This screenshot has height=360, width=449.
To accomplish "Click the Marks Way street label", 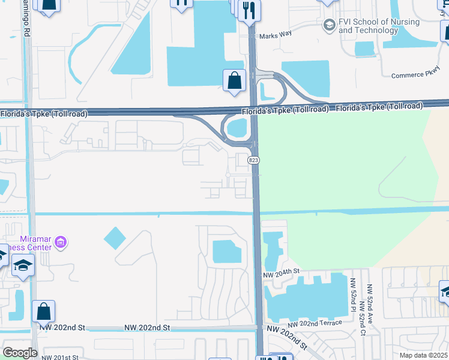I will coord(276,34).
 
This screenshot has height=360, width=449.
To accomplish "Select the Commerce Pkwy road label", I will coord(411,76).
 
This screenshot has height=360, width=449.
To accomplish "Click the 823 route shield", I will coord(253,160).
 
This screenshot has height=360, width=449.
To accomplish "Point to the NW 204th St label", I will coord(281,272).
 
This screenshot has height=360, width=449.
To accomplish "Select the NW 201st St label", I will coord(60,357).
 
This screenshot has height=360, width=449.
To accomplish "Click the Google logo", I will coord(20,352).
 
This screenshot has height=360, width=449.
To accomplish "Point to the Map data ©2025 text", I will coord(423,355).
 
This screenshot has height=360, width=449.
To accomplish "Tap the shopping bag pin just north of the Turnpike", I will coord(234,80).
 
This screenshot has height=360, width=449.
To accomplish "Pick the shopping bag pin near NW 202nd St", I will coord(43,311).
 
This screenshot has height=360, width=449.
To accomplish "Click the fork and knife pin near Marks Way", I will coord(249,10).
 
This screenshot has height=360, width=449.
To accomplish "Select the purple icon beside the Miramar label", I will coord(60,242).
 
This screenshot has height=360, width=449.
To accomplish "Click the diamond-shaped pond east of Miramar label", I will coord(115,238).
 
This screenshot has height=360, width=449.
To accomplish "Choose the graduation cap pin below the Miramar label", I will coord(23,265).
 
